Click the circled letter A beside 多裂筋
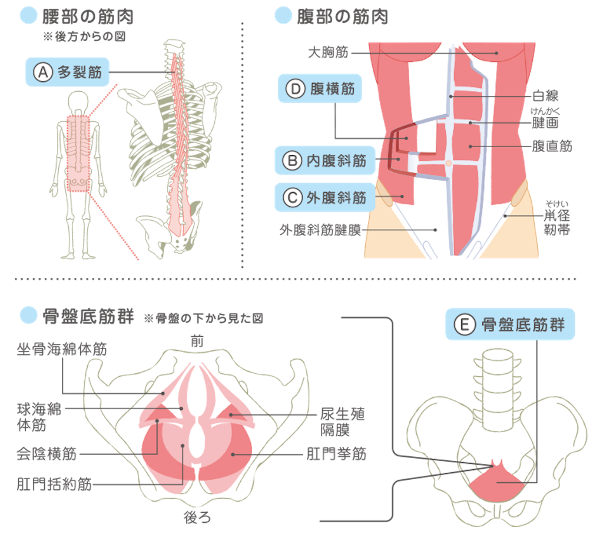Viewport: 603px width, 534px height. (x=43, y=72)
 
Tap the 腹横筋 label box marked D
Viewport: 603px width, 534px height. (x=320, y=89)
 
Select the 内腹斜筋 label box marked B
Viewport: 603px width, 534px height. (x=325, y=161)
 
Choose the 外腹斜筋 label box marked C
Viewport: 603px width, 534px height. (x=325, y=198)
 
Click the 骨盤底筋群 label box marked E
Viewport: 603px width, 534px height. (x=510, y=324)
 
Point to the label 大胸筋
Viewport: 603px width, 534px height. (x=328, y=52)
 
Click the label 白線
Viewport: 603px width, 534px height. (x=545, y=96)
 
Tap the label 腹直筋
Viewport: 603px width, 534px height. (x=552, y=146)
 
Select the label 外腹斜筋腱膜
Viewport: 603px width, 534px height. (x=320, y=230)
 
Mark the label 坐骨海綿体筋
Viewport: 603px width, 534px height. (x=62, y=349)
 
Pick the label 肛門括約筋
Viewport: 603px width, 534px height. (x=54, y=484)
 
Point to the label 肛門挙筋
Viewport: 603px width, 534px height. (x=336, y=454)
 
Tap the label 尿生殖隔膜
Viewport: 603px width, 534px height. (x=343, y=422)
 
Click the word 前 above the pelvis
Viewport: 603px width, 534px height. (x=197, y=341)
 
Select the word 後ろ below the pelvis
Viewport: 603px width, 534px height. (x=197, y=518)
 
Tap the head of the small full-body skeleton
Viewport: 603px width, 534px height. (x=78, y=101)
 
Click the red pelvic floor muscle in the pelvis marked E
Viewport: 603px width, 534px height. (x=497, y=482)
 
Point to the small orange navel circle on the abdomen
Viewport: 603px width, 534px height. (x=448, y=164)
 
